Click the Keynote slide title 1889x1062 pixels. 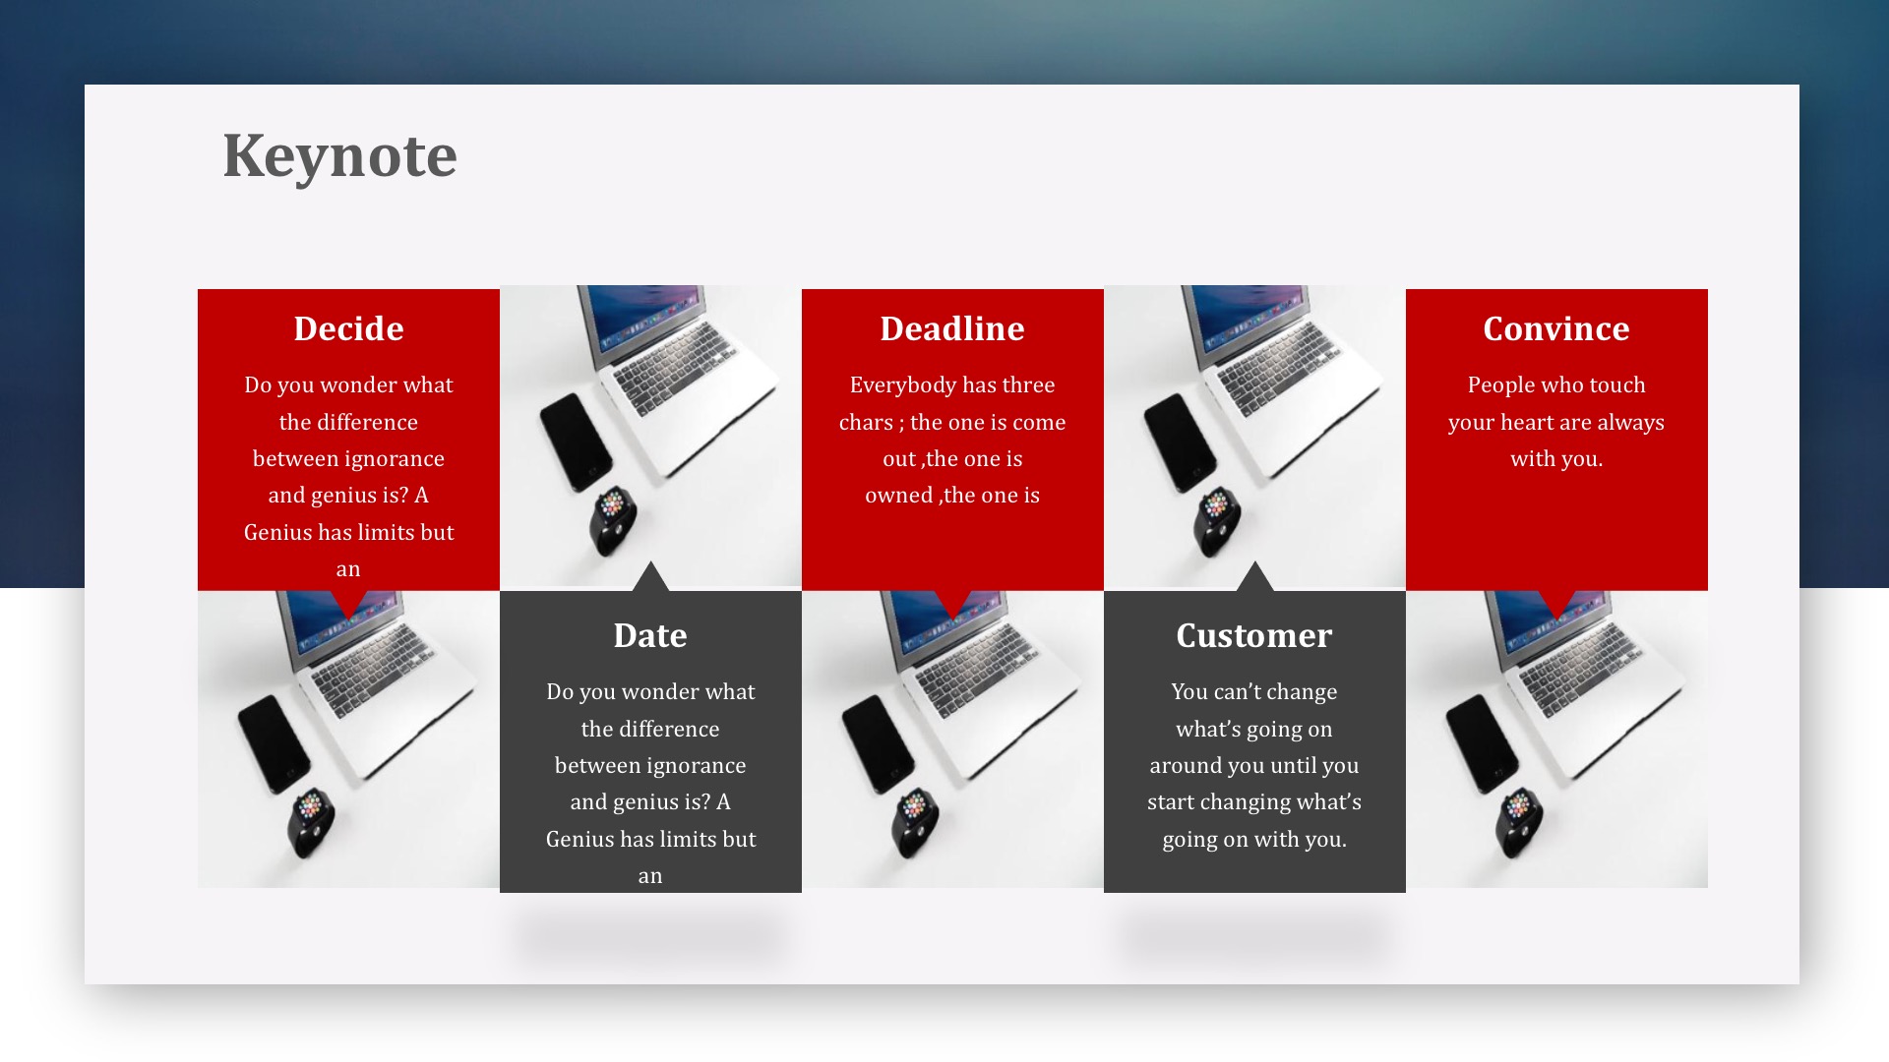tap(339, 156)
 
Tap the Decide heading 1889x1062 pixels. tap(348, 328)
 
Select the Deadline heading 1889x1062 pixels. tap(952, 328)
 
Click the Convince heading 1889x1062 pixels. tap(1556, 328)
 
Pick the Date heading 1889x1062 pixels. tap(650, 635)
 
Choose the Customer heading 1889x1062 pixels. tap(1254, 635)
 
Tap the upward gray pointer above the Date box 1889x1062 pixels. tap(650, 577)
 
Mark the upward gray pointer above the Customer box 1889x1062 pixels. tap(1254, 577)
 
